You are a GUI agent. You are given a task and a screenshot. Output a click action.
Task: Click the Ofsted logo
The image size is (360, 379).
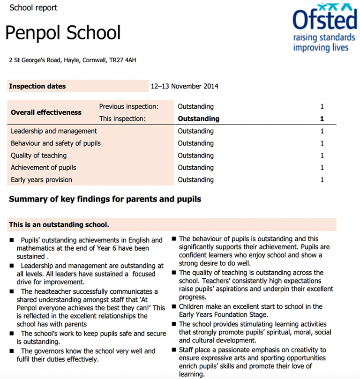click(324, 21)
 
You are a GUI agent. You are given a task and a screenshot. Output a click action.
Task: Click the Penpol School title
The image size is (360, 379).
click(63, 33)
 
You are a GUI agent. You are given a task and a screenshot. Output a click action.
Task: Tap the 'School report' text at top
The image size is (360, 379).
click(33, 7)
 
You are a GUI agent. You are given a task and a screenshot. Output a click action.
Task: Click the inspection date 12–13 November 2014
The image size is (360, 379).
click(184, 86)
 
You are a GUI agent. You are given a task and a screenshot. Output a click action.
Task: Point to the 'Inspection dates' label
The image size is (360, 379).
click(37, 86)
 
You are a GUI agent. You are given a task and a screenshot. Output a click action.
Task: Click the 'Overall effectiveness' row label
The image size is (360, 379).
click(46, 112)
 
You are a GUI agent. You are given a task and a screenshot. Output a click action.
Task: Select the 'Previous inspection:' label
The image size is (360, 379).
click(128, 107)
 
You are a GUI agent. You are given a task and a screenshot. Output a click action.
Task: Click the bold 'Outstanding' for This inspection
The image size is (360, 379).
click(198, 119)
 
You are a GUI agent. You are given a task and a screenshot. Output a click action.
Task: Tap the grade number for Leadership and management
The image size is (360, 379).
click(322, 131)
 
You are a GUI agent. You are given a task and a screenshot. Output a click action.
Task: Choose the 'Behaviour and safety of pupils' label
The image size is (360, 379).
click(56, 143)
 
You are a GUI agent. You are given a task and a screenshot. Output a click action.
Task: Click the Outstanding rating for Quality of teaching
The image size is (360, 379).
click(195, 156)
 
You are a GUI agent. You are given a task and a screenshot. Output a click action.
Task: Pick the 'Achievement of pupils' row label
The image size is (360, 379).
click(43, 168)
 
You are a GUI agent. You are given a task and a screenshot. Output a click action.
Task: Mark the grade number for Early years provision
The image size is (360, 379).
click(322, 180)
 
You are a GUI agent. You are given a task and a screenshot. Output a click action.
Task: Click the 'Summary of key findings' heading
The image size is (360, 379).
click(105, 199)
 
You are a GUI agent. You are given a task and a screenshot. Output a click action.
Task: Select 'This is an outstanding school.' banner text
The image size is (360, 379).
click(59, 224)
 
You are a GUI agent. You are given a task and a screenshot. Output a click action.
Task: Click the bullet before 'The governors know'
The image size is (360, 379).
click(12, 351)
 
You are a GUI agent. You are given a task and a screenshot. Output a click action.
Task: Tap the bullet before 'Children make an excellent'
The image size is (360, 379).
click(173, 307)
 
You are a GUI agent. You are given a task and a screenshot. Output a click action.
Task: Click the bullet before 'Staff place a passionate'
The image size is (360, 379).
click(173, 350)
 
